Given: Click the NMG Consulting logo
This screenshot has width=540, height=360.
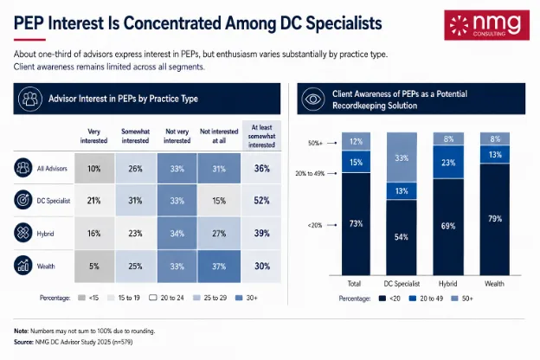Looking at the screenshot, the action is (486, 25).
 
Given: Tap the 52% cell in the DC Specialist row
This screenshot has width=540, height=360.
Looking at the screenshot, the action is (261, 201).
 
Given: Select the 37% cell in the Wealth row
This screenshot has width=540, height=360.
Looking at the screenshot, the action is (219, 267).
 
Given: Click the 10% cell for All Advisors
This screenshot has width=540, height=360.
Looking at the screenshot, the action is (94, 169).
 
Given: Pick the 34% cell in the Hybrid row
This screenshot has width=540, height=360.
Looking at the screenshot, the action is (177, 234).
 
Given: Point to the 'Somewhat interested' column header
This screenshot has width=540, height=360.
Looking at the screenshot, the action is (135, 136).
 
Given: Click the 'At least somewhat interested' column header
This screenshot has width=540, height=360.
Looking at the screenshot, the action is (261, 136).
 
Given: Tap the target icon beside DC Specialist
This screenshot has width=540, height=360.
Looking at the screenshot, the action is (23, 200).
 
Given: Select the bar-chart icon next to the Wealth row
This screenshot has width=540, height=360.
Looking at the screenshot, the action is (23, 266).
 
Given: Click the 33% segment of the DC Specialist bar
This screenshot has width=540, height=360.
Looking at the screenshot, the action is (402, 157).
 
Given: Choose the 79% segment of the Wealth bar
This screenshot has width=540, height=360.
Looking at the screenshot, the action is (495, 219).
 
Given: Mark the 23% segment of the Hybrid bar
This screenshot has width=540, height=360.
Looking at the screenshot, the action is (448, 162).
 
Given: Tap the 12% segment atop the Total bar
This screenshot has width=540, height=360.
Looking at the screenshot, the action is (356, 141).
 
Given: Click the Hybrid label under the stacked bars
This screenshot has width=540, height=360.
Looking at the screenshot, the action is (447, 284).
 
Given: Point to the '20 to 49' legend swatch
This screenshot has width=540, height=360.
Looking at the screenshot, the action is (412, 299).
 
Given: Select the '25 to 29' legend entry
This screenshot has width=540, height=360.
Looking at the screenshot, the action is (210, 298).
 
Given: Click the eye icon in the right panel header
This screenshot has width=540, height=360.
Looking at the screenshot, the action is (312, 99).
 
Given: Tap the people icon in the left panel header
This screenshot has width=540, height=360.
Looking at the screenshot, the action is (30, 99).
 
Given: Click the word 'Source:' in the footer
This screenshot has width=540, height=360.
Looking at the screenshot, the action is (23, 342).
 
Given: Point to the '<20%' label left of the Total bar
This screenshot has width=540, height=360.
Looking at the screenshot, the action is (315, 225).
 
